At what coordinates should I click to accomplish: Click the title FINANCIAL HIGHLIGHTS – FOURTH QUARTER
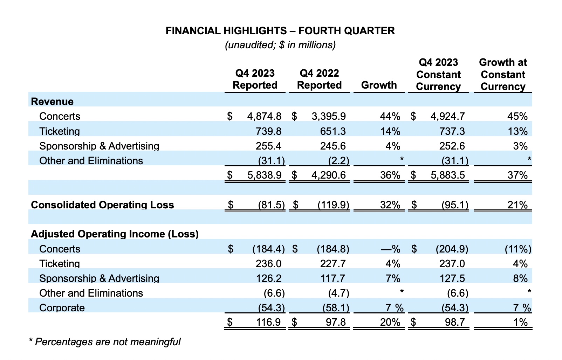pos(280,31)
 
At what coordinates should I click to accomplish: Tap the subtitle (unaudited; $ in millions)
pos(280,45)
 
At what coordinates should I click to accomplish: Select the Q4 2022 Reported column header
pos(320,79)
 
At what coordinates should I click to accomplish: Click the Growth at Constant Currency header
pos(503,75)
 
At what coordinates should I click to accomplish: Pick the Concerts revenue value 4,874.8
pos(264,116)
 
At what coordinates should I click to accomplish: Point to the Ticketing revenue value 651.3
pos(333,131)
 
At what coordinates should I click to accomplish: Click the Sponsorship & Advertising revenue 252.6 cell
pos(452,146)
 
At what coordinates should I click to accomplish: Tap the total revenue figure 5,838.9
pos(265,175)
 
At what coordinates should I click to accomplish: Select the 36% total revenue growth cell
pos(390,175)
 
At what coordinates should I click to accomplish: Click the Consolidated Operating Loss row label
pos(102,205)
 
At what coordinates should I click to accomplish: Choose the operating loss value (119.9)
pos(334,205)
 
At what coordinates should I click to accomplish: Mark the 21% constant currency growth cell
pos(518,205)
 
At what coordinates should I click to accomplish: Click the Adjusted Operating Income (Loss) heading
pos(115,234)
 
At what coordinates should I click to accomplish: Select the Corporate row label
pos(62,308)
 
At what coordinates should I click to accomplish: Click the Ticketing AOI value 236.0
pos(268,264)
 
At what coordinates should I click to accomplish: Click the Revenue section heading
pos(52,102)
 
